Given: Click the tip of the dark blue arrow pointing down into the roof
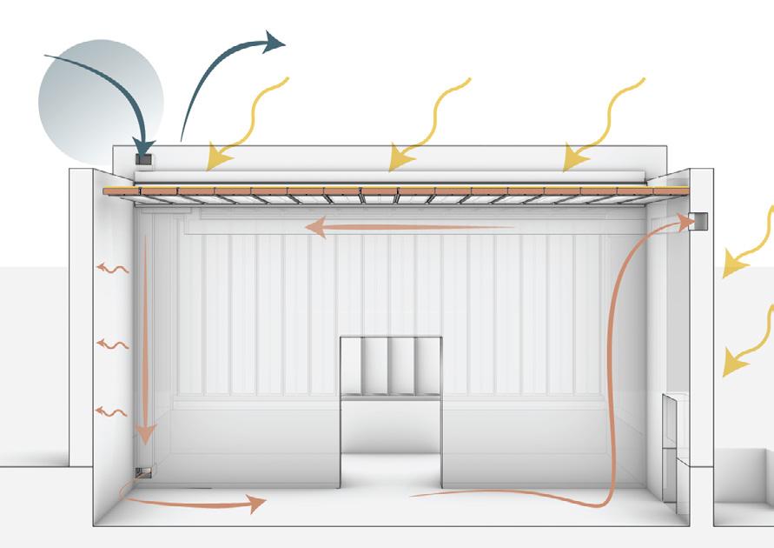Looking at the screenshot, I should (143, 150).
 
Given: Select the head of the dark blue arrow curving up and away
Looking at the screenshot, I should (276, 41).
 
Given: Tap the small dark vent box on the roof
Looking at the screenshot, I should (144, 161).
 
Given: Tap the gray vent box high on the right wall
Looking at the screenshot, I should (700, 221).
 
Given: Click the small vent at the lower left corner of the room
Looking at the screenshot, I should (143, 472).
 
